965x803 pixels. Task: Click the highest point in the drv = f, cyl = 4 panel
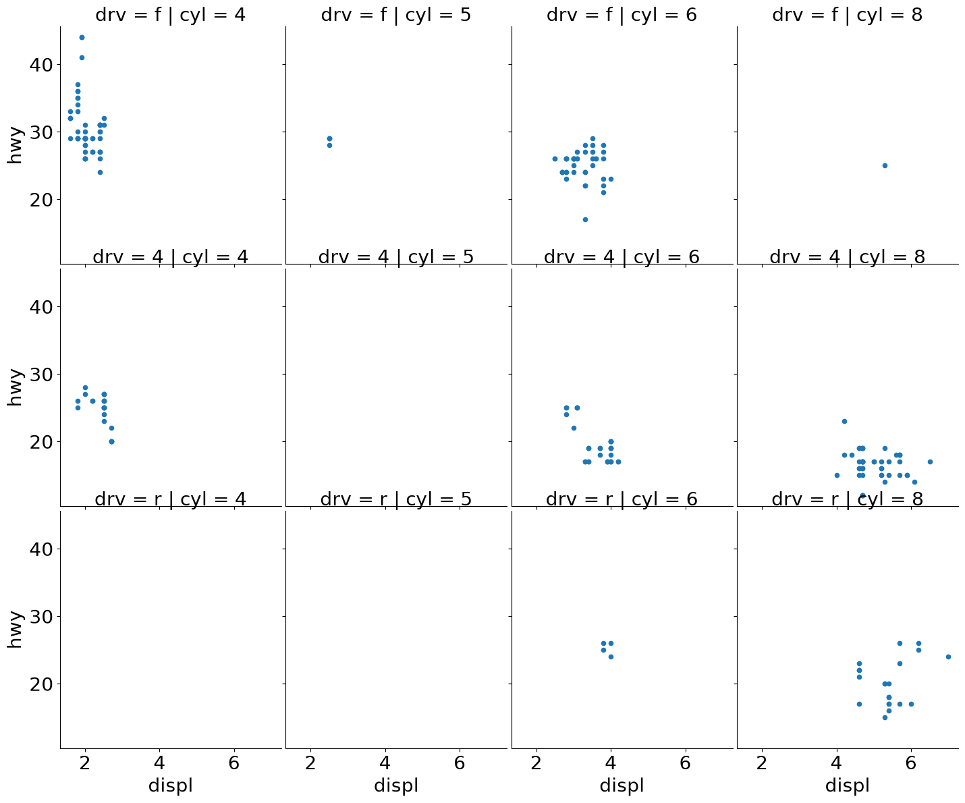(82, 37)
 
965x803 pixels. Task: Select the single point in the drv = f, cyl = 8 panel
(885, 165)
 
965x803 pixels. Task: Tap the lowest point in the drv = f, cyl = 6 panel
(585, 219)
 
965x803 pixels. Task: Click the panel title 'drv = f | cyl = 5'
(395, 15)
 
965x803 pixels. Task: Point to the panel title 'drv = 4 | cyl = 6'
(622, 257)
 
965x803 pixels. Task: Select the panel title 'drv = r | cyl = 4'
(170, 499)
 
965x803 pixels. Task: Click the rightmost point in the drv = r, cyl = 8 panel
(948, 657)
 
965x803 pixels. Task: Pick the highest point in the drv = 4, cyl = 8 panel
(844, 421)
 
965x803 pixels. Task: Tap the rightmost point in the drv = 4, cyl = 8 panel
(930, 462)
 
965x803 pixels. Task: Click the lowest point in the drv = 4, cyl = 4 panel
(111, 441)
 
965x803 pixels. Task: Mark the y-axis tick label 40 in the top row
(41, 65)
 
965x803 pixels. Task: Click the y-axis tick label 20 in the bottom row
(41, 684)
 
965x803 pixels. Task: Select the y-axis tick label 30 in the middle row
(41, 374)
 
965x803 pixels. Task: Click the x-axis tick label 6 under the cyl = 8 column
(910, 763)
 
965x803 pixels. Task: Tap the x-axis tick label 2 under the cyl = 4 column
(84, 763)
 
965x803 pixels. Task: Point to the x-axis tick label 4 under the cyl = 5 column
(385, 763)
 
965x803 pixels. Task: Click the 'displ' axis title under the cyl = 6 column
(622, 785)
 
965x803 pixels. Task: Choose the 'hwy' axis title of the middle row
(14, 387)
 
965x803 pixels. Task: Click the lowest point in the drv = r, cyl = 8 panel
(885, 717)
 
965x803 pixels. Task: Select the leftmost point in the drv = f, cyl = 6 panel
(555, 159)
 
